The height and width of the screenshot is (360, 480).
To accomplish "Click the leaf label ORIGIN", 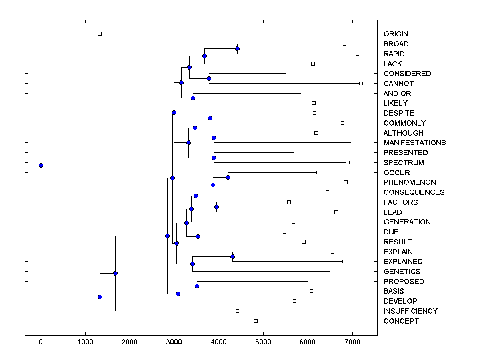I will (396, 34).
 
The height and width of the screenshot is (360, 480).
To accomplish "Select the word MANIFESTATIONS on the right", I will (414, 143).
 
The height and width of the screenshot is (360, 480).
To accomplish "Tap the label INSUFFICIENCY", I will (410, 311).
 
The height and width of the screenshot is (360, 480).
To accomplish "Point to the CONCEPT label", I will (401, 321).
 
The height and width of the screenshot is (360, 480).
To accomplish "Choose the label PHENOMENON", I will (410, 182).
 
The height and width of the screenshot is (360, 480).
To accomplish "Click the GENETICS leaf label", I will (402, 272).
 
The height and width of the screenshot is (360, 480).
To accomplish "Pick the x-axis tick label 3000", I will (174, 341).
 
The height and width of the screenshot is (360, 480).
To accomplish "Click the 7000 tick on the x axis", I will (352, 341).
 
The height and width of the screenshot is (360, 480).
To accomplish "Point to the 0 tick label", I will (41, 341).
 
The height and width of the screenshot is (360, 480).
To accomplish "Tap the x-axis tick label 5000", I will (263, 341).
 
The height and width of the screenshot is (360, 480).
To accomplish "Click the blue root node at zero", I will (41, 165).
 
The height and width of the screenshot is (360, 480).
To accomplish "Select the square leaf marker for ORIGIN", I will (100, 34).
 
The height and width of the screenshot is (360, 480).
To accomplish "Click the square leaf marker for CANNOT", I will (361, 83).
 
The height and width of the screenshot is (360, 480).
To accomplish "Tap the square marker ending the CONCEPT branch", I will (256, 321).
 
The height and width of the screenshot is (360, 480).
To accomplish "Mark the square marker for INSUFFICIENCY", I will (237, 311).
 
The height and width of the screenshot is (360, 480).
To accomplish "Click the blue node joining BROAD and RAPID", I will (237, 48).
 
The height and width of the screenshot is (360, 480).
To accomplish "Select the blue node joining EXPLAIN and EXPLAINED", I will (232, 256).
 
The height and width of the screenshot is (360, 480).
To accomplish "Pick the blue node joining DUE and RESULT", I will (198, 236).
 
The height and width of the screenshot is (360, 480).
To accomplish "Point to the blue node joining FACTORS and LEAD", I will (216, 207).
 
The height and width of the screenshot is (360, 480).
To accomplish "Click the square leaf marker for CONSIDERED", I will (287, 73).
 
